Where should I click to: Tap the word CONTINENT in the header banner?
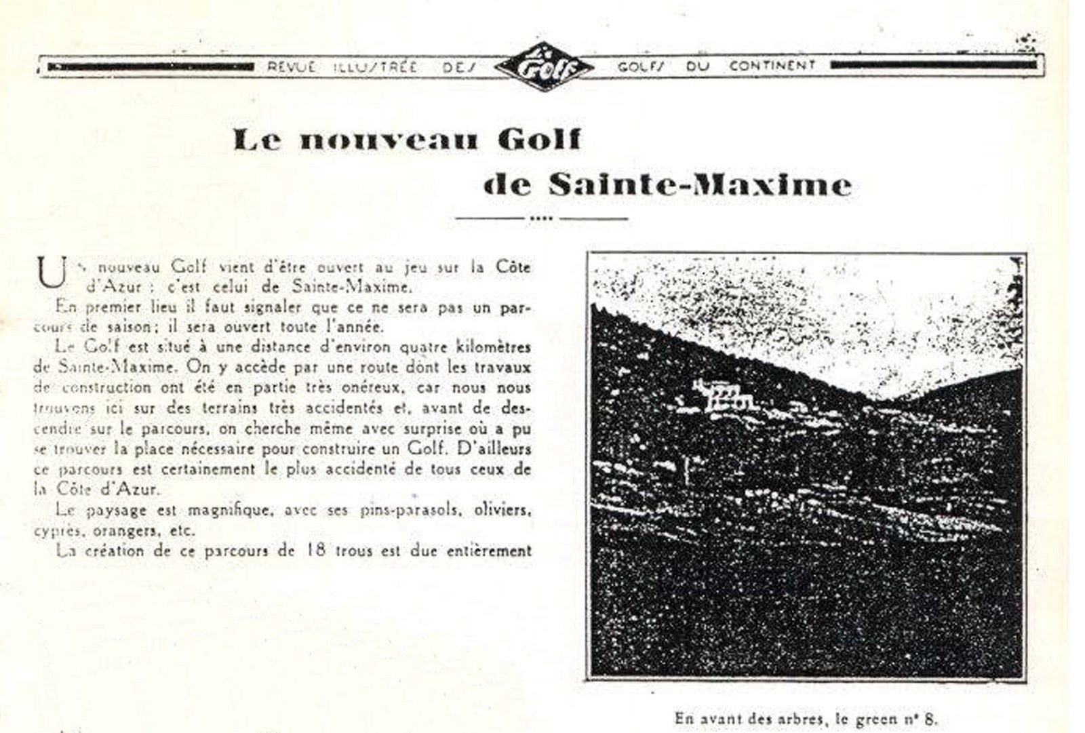(x=772, y=66)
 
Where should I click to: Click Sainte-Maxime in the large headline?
(x=699, y=184)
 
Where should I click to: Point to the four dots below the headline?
(x=542, y=218)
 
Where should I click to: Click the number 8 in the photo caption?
(x=934, y=718)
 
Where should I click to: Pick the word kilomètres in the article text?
(x=491, y=347)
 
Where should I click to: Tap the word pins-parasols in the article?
(x=397, y=510)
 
